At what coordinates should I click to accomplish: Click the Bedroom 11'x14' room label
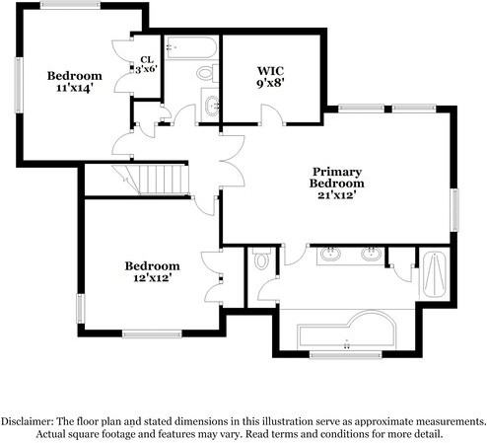point(74,82)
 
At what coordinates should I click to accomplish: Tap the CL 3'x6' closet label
point(147,64)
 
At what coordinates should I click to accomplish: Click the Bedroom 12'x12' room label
point(152,271)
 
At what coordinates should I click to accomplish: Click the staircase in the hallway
point(158,180)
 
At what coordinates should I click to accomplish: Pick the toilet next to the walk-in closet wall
point(205,73)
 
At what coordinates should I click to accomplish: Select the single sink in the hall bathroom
point(210,103)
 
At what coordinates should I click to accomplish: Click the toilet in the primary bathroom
point(260,260)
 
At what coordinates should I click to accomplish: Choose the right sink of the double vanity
point(370,255)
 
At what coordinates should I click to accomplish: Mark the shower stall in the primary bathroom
point(434,273)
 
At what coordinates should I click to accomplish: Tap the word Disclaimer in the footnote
point(31,419)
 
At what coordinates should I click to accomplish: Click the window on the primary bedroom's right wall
point(454,209)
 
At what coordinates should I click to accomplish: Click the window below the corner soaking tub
point(344,353)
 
